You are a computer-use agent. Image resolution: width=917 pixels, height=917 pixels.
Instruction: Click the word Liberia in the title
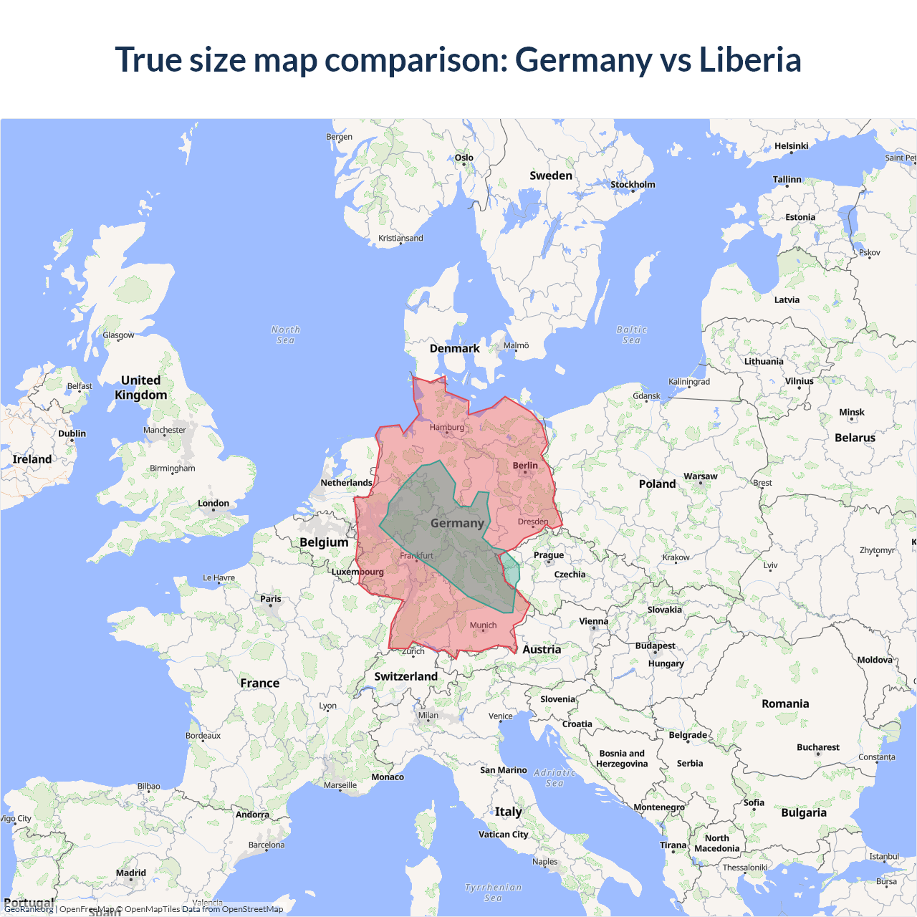tap(749, 59)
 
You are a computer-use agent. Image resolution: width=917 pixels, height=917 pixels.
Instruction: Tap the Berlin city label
tap(525, 466)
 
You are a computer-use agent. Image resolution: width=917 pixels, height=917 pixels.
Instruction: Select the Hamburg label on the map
tap(447, 428)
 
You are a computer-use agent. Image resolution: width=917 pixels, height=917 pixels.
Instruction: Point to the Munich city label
tap(483, 625)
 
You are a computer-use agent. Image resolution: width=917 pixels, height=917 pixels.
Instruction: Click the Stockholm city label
tap(633, 185)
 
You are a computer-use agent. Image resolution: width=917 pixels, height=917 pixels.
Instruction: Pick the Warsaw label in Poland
tap(700, 476)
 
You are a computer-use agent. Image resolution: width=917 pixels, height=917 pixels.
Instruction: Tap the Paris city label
tap(271, 599)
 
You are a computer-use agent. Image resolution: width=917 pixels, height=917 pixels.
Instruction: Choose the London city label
tap(213, 504)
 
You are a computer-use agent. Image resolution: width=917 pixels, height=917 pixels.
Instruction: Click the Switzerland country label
tap(405, 676)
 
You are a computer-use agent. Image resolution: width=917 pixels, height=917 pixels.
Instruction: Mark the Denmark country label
tap(454, 349)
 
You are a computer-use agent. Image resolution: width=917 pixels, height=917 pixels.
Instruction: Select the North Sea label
tap(285, 335)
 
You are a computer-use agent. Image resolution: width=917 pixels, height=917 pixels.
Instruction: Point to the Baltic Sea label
tap(631, 335)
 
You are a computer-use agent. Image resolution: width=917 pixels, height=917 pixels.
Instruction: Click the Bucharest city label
tap(817, 747)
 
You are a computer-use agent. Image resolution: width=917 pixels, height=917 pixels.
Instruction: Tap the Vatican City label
tap(503, 835)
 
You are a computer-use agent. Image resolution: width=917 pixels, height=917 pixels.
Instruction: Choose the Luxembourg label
tap(357, 572)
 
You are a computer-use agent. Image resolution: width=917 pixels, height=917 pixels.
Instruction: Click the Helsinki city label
tap(791, 146)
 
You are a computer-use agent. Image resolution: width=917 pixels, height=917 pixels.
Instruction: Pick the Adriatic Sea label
tap(554, 777)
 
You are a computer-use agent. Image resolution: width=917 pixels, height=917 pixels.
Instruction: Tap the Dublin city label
tap(72, 433)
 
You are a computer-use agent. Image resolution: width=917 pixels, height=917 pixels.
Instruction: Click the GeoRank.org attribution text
tap(29, 909)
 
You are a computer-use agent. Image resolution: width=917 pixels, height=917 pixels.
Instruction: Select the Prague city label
tap(548, 555)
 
